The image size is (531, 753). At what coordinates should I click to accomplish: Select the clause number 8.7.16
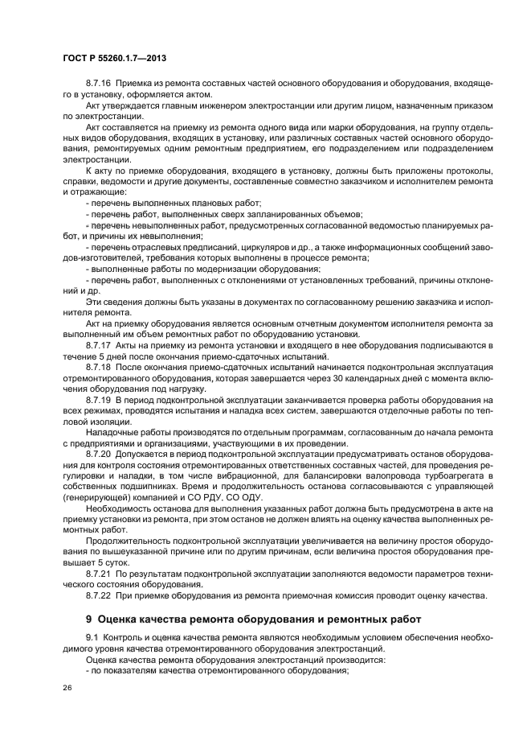pos(99,83)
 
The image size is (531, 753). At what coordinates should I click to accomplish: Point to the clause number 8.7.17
pos(99,344)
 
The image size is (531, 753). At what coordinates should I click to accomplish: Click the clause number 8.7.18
pos(99,366)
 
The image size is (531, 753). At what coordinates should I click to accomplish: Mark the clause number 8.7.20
pos(99,454)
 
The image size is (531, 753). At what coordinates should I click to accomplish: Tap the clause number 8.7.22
pos(99,595)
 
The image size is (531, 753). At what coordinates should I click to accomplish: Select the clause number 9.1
pos(92,638)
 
